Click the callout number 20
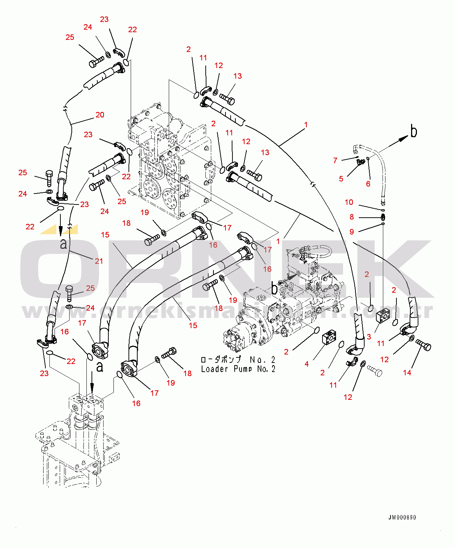point(100,115)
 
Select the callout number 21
point(99,261)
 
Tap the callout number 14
point(407,373)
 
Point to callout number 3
point(369,337)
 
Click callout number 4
point(307,364)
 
